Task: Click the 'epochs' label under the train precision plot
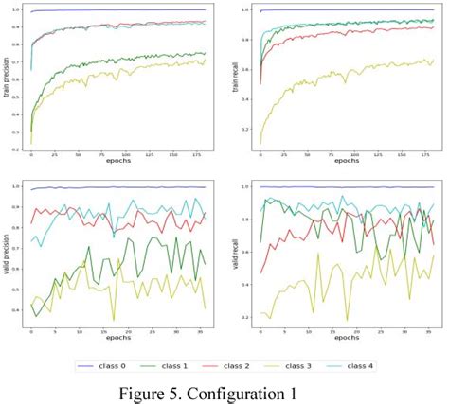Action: pyautogui.click(x=118, y=162)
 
